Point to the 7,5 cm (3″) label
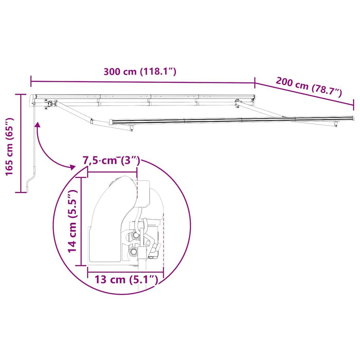(x=111, y=160)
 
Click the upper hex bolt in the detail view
(x=135, y=235)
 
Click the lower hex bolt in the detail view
(x=134, y=252)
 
